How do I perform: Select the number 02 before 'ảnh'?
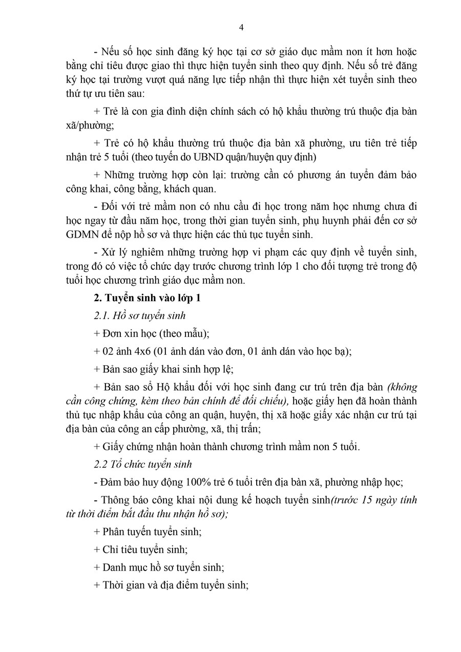point(109,351)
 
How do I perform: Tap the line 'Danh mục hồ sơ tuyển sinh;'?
point(159,567)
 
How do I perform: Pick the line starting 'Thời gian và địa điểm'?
point(171,585)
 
